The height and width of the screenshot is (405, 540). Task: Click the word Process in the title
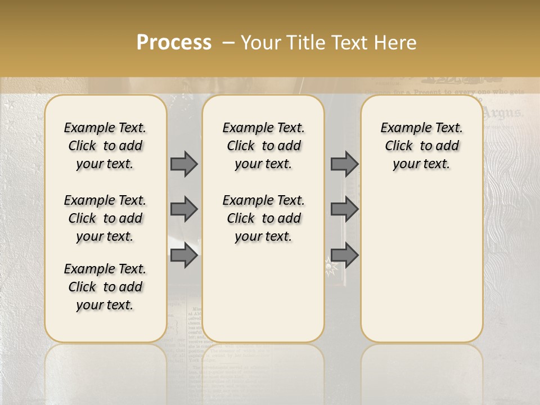[x=174, y=43]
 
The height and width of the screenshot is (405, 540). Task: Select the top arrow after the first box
[x=184, y=164]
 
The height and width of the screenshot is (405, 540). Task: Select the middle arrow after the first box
[x=184, y=209]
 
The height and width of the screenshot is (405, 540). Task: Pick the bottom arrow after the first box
[x=184, y=255]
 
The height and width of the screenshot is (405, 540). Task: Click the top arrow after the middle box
[x=344, y=164]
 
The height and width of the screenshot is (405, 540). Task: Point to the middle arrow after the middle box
[x=344, y=209]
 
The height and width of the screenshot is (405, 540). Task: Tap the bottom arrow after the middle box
[x=344, y=255]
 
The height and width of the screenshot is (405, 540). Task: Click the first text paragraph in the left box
[x=105, y=146]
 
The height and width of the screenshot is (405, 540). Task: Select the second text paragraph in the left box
[x=105, y=218]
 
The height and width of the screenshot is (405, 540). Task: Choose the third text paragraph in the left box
[x=105, y=287]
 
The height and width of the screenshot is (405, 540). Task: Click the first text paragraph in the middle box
[x=263, y=146]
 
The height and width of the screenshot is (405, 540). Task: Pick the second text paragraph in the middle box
[x=263, y=218]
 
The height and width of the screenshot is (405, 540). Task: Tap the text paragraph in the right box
[x=421, y=146]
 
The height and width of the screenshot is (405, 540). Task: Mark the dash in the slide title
[x=228, y=43]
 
